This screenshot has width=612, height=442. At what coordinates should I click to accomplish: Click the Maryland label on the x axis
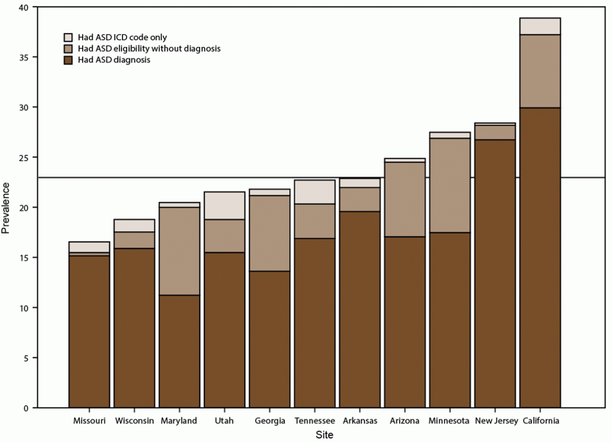coord(179,421)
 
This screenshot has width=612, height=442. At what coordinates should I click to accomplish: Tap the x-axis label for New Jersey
coord(495,421)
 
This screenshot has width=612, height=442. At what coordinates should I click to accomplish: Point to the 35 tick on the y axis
coord(24,57)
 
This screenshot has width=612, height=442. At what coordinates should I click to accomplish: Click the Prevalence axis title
coord(6,207)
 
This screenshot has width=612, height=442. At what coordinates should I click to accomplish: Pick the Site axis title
coord(324,435)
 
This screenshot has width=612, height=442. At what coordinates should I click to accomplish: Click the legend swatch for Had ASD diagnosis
coord(68,60)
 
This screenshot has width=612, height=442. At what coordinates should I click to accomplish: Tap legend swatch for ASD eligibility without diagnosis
coord(68,49)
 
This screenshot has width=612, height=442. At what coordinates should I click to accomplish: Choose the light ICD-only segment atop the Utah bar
coord(224,206)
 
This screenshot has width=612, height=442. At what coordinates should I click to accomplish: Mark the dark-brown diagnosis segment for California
coord(540,258)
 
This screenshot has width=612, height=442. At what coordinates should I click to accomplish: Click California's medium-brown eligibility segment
coord(540,71)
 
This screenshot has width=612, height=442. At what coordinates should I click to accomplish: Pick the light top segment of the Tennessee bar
coord(315,192)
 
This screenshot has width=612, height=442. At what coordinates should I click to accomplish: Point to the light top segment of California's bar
coord(540,26)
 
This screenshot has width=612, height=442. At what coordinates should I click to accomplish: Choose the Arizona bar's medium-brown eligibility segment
coord(404,199)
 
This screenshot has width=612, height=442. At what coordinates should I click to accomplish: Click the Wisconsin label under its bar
coord(134,421)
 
